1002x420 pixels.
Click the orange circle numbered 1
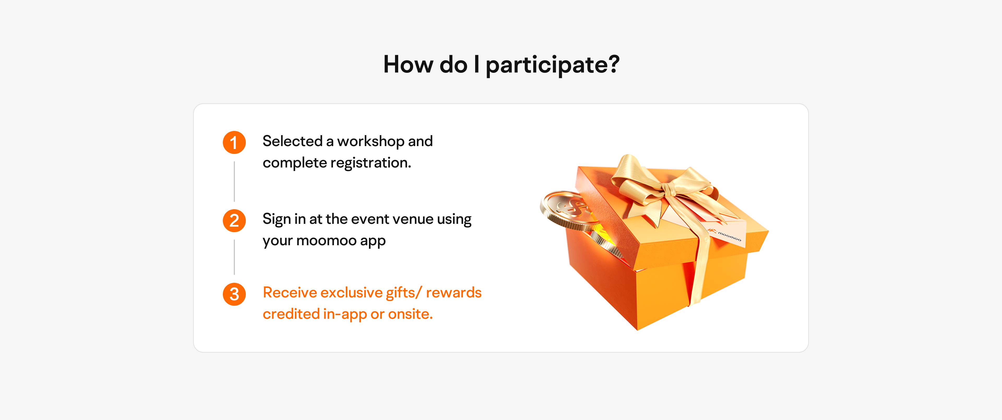tap(234, 142)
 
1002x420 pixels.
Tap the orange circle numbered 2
tap(234, 220)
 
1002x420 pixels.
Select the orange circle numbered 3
tap(234, 294)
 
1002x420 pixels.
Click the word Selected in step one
tap(293, 141)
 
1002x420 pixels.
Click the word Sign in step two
tap(277, 220)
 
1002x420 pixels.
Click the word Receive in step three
tap(290, 292)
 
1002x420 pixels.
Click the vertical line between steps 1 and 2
tap(234, 181)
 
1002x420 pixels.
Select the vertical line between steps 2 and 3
tap(234, 257)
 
